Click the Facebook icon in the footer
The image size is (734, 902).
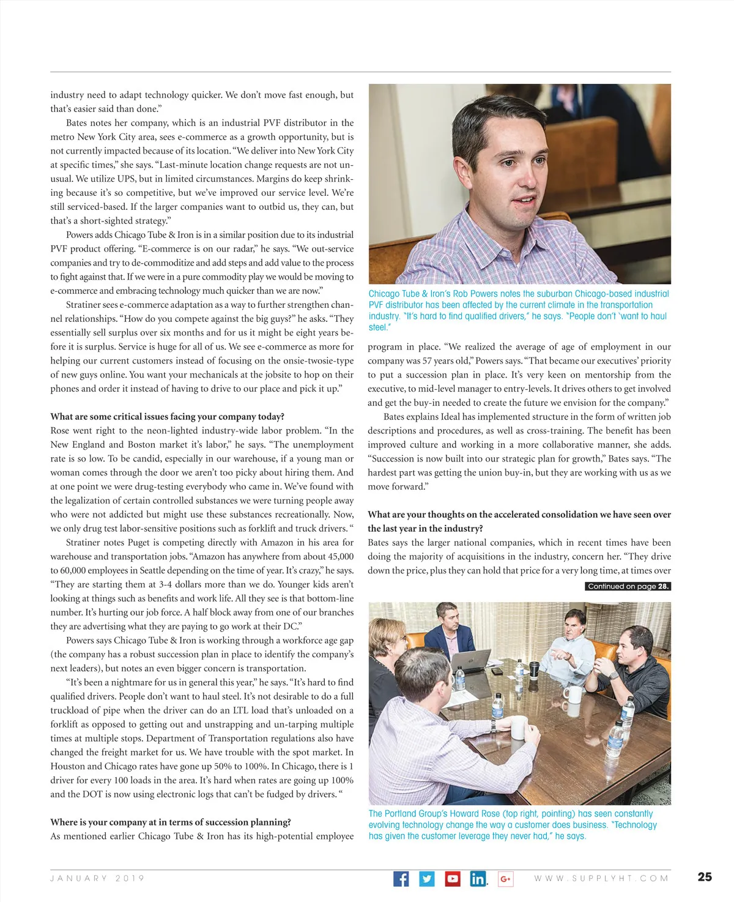click(x=401, y=879)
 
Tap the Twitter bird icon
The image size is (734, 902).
click(x=427, y=879)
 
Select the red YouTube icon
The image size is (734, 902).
click(x=453, y=879)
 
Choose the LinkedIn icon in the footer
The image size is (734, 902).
click(x=478, y=879)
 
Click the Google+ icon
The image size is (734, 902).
click(x=505, y=879)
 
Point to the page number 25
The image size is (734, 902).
click(x=705, y=877)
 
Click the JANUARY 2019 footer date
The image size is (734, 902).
click(x=97, y=878)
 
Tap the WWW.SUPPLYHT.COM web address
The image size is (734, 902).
click(x=601, y=878)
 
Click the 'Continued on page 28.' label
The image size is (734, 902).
click(x=628, y=586)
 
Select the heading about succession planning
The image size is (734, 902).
click(x=171, y=822)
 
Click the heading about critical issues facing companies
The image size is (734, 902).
click(x=167, y=416)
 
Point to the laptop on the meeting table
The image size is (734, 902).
click(x=472, y=662)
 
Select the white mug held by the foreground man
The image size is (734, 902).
click(x=519, y=728)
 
